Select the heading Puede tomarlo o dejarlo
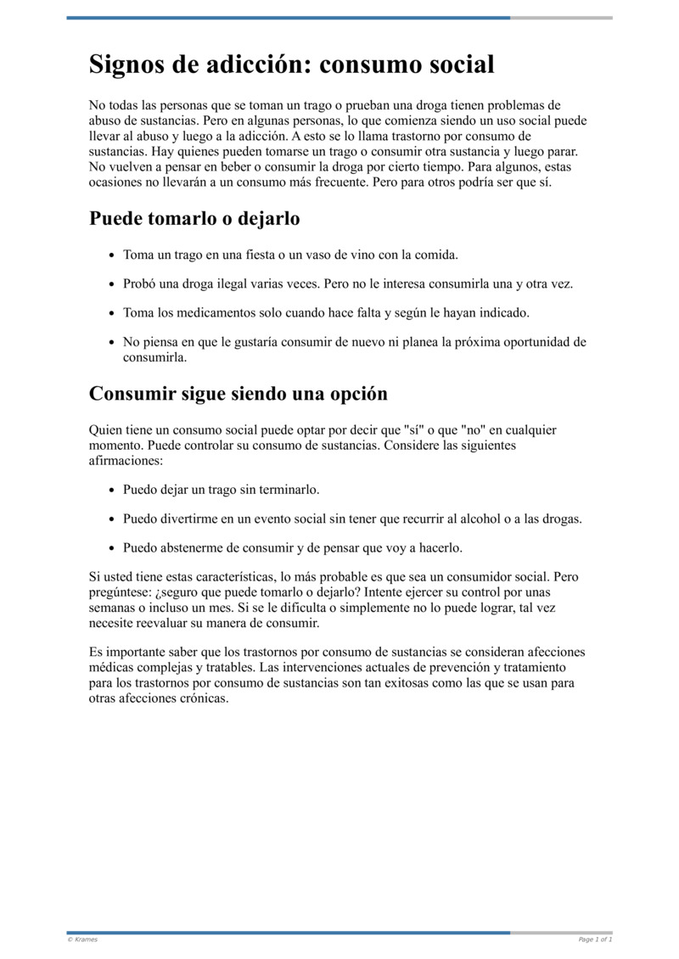tap(194, 218)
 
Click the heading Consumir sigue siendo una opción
tap(238, 394)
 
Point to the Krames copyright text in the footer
tap(82, 939)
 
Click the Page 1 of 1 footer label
tap(595, 939)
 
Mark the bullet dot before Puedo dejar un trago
tap(112, 491)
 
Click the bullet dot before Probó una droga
tap(112, 284)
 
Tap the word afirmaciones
tap(126, 460)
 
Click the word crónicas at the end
tap(200, 698)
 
